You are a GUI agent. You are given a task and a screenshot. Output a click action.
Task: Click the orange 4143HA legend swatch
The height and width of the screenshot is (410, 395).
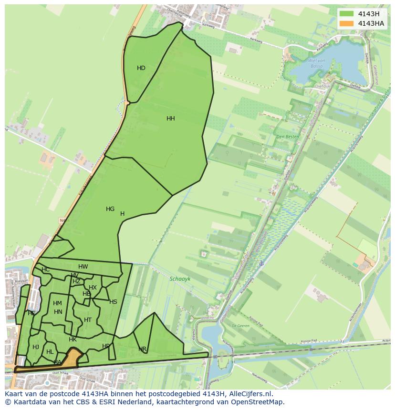[x=347, y=23]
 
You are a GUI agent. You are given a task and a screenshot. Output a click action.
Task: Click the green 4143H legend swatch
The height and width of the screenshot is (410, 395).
[x=347, y=14]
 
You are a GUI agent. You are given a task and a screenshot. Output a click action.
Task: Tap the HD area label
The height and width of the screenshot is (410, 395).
[x=141, y=68]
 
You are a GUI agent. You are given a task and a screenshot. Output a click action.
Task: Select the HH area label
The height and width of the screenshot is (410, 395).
[x=171, y=119]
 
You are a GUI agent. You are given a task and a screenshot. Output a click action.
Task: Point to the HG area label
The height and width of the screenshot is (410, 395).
[x=110, y=209]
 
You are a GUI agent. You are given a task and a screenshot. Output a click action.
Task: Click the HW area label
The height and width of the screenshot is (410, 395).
[x=83, y=267]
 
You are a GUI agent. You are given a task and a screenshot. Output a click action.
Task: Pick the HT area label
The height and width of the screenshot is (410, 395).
[x=88, y=320]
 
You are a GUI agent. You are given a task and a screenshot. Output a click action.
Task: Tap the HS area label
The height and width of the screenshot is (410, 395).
[x=113, y=302]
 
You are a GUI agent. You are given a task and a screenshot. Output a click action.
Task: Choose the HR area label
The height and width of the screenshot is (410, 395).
[x=143, y=350]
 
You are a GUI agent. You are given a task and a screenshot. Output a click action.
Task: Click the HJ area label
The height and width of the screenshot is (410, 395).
[x=36, y=347]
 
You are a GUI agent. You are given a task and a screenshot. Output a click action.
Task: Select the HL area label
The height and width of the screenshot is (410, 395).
[x=50, y=352]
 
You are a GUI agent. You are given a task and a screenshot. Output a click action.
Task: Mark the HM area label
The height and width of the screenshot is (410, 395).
[x=57, y=303]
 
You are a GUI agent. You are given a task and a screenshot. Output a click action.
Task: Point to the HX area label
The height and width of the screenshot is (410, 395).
[x=93, y=288]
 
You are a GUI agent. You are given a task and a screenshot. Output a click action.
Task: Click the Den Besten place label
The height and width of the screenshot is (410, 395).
[x=288, y=137]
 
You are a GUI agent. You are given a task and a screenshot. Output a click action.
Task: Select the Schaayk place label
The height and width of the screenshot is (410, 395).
[x=180, y=280]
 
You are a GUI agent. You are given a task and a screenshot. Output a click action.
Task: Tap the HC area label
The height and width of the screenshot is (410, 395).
[x=46, y=270]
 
